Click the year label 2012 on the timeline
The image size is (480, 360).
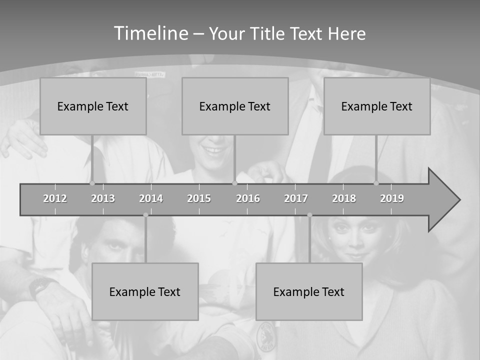pos(55,198)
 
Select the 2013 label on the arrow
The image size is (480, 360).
pos(103,198)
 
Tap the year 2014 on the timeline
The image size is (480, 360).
pos(151,198)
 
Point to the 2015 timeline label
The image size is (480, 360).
pos(199,198)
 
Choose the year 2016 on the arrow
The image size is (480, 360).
pos(248,198)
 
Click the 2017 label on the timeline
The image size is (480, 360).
pos(296,198)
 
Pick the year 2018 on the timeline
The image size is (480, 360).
pos(344,198)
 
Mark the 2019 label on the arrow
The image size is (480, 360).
pos(392,198)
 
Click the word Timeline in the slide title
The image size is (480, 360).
pos(151,33)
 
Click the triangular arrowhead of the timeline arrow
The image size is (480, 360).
pos(443,200)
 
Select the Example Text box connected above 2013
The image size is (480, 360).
pos(93,106)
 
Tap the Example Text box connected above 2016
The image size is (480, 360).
pos(235,106)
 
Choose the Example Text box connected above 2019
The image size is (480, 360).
pos(377,106)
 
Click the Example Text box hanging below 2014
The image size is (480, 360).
pos(145,291)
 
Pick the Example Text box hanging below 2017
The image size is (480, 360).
pos(309,291)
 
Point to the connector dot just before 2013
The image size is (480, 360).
pos(92,183)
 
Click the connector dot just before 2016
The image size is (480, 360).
pos(234,183)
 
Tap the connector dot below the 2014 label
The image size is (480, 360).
pos(145,215)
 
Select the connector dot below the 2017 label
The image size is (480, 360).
pos(309,215)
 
